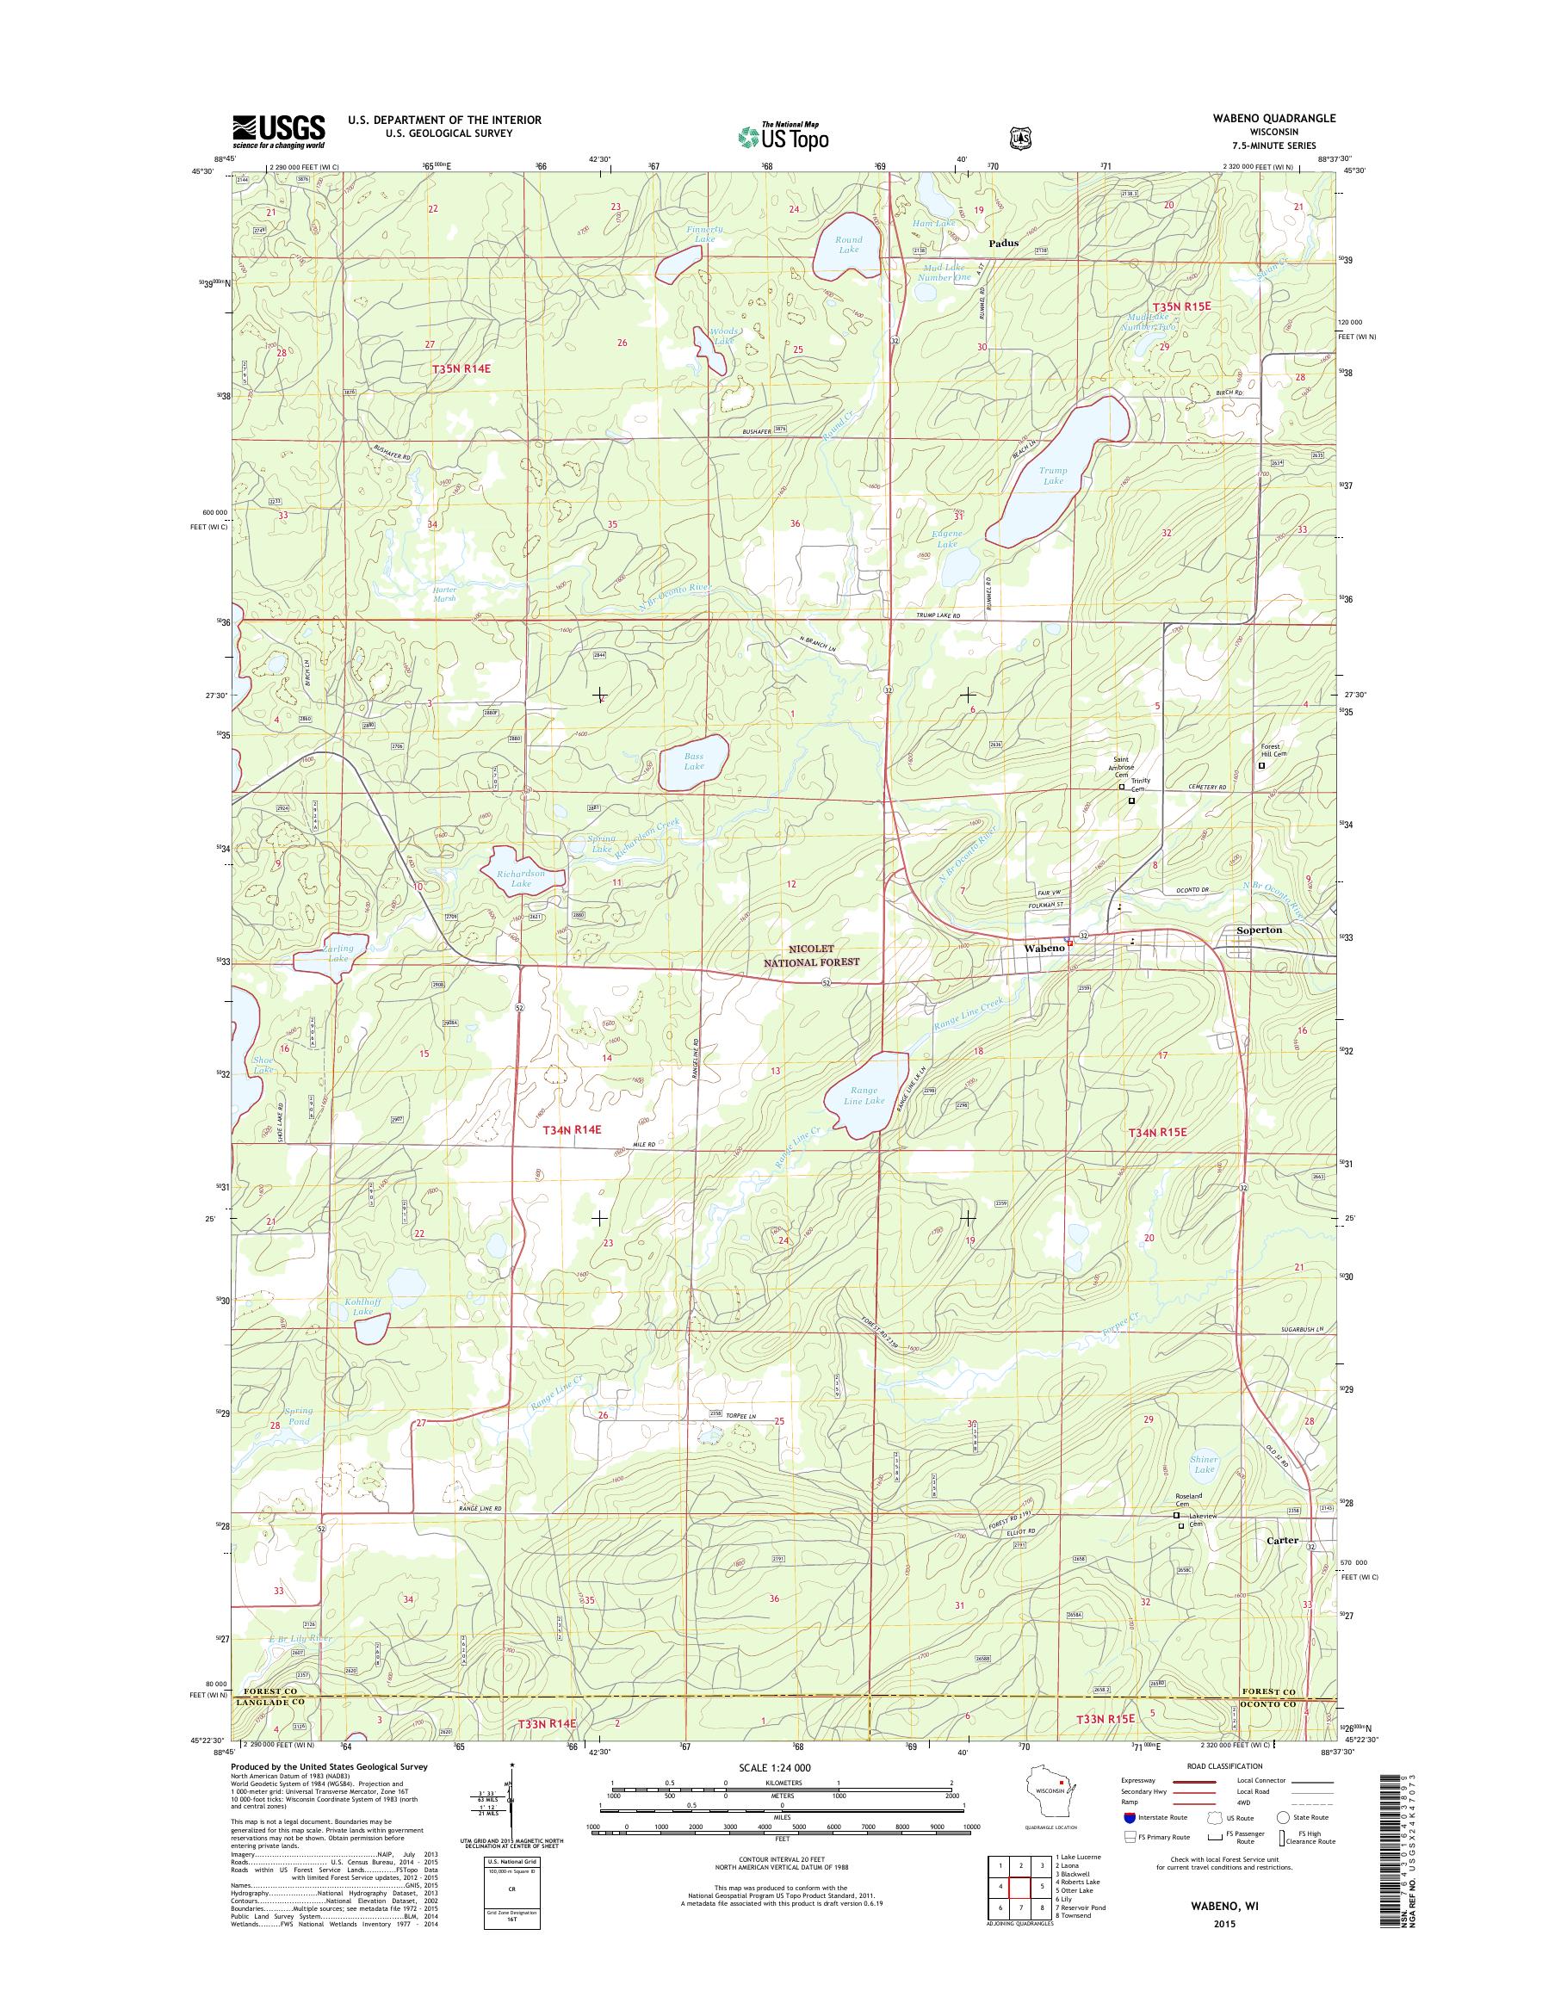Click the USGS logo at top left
click(278, 132)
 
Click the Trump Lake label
click(1052, 475)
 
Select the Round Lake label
click(849, 244)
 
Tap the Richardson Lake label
click(522, 878)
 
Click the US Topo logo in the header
click(783, 136)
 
